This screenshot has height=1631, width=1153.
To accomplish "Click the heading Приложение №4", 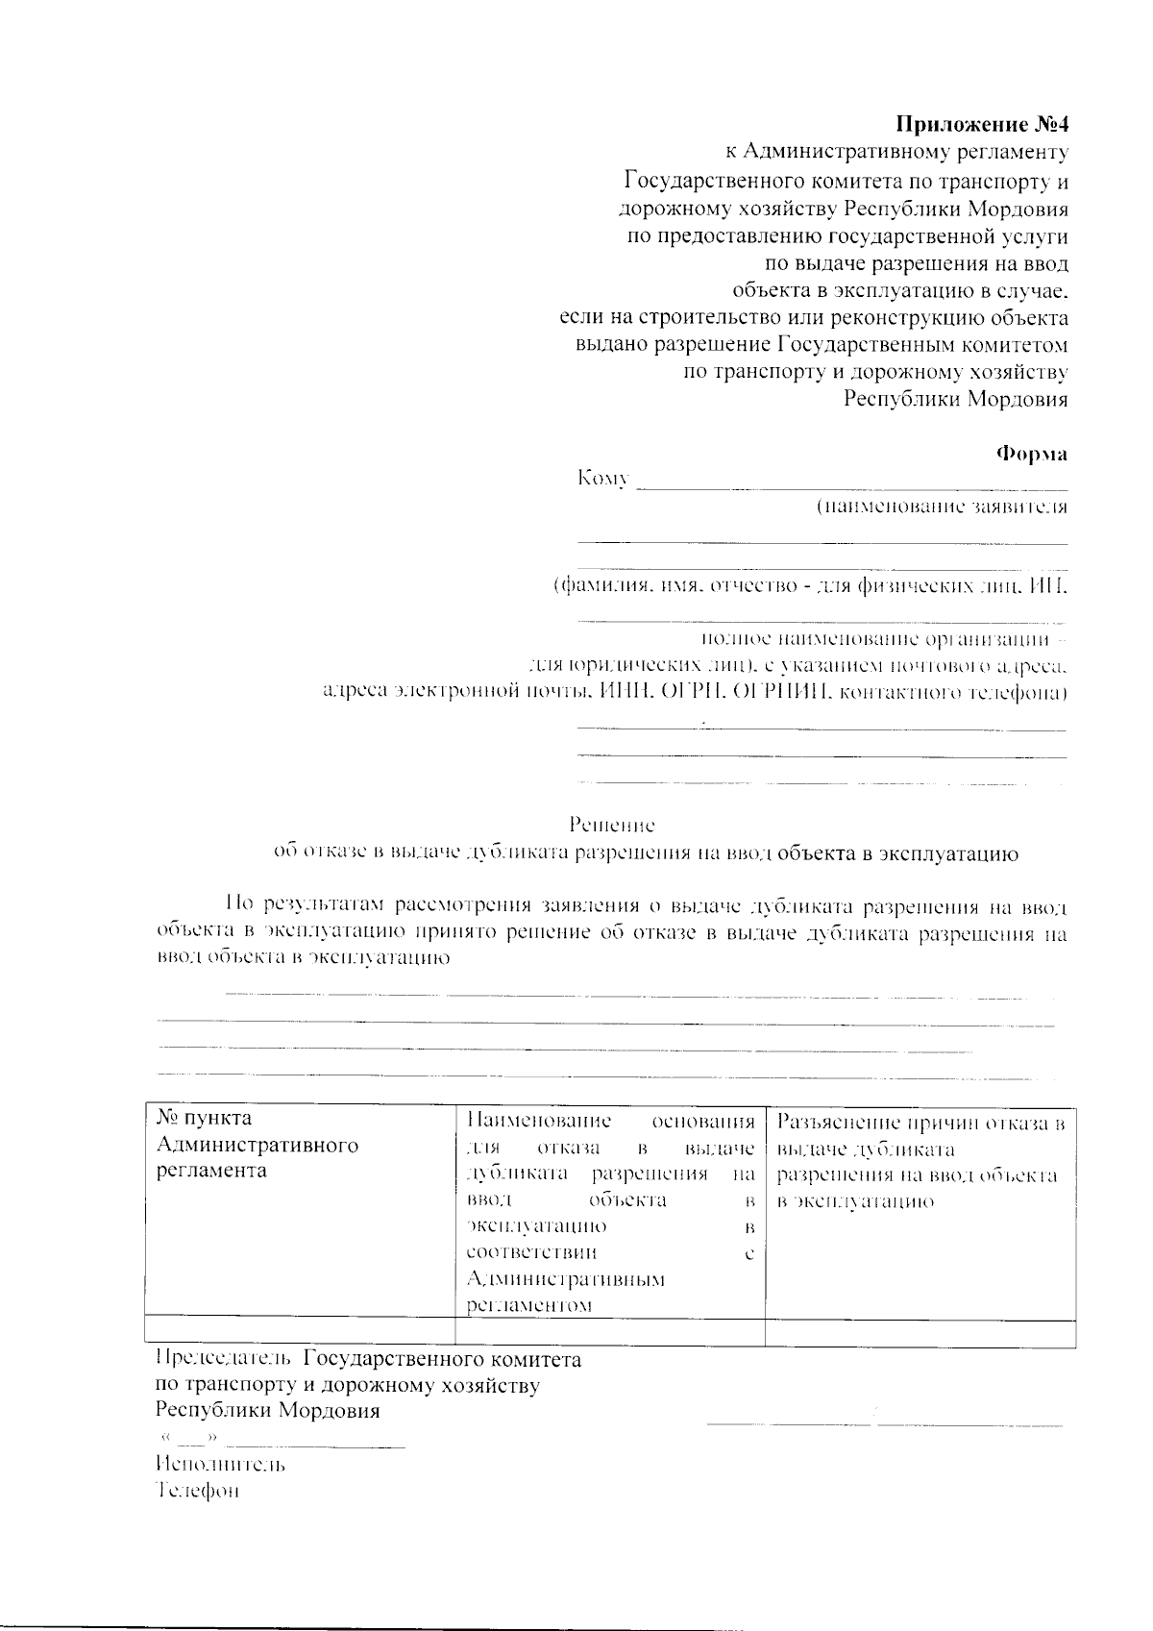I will click(981, 125).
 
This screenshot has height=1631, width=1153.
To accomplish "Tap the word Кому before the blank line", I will click(602, 479).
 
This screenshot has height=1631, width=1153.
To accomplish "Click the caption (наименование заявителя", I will click(941, 507).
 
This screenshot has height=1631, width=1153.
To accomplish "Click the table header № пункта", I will click(204, 1119).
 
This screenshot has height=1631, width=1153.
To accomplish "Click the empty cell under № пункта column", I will click(298, 1333).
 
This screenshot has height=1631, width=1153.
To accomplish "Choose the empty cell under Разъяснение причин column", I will click(920, 1333).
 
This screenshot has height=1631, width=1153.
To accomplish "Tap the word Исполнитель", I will click(220, 1465).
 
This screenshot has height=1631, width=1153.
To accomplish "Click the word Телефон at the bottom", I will click(197, 1491).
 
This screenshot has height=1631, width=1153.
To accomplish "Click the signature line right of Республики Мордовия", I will click(884, 1421).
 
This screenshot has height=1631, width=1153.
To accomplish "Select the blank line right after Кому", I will click(851, 487).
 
